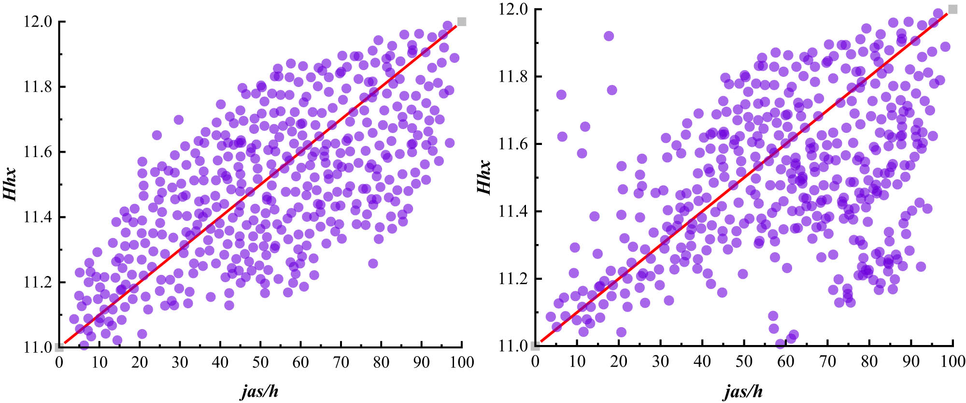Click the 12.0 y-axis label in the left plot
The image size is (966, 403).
[x=37, y=22]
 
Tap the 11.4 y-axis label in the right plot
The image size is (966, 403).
[x=513, y=212]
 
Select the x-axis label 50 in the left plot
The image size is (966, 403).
[x=260, y=362]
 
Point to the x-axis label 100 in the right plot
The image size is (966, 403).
[x=952, y=361]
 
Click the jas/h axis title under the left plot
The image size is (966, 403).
[x=260, y=391]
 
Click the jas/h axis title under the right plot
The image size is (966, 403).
[x=743, y=391]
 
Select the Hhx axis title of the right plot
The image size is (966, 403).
[x=484, y=177]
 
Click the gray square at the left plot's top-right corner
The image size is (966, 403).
[x=462, y=21]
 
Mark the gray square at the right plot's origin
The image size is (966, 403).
[x=535, y=345]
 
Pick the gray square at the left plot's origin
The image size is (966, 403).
[x=59, y=346]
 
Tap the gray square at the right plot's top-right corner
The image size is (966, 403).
[x=952, y=9]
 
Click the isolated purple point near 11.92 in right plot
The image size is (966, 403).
[x=609, y=36]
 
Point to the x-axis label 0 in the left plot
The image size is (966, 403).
[x=59, y=362]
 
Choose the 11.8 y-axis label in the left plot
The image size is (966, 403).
[x=37, y=87]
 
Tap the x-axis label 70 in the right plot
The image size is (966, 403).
[x=827, y=361]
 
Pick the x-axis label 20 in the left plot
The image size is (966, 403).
[x=140, y=362]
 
